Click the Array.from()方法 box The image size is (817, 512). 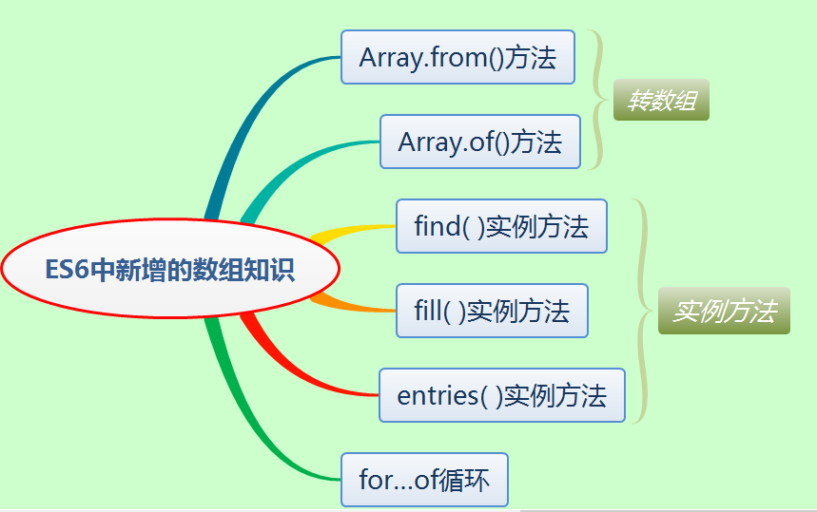[457, 57]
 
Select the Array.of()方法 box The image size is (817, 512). [479, 142]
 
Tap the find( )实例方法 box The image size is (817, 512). [501, 226]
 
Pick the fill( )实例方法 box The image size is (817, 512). [492, 311]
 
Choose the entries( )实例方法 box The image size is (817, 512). [501, 395]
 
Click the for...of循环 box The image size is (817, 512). [424, 480]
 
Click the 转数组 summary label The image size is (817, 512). [661, 101]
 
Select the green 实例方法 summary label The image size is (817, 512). [724, 311]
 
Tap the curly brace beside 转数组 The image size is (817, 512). [598, 99]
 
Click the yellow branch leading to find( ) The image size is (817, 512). [352, 231]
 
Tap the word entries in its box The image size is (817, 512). [437, 395]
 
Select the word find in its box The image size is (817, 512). [437, 226]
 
